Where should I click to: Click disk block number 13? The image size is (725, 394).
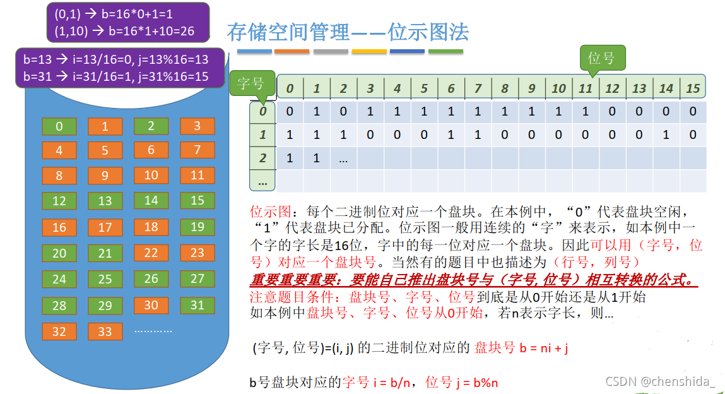point(105,201)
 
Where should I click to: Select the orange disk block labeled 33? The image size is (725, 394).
point(105,331)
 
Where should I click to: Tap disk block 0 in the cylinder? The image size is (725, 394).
point(59,126)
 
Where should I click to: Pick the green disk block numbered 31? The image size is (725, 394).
point(197,305)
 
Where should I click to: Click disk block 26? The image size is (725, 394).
point(151,278)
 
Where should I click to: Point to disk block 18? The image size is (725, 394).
point(151,227)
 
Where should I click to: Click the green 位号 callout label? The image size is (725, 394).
point(601,58)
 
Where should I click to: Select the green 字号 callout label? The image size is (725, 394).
point(251,83)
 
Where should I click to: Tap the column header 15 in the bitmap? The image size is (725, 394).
point(693,88)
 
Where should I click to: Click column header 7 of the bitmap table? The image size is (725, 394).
point(478,88)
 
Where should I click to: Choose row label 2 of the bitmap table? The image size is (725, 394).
point(263,158)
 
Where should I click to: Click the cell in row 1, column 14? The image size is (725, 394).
point(666,134)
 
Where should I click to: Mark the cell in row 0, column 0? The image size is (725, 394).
point(290,112)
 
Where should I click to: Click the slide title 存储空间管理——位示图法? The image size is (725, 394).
point(348,32)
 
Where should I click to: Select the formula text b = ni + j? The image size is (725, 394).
point(544,347)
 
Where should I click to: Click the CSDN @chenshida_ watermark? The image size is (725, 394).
point(660,381)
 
